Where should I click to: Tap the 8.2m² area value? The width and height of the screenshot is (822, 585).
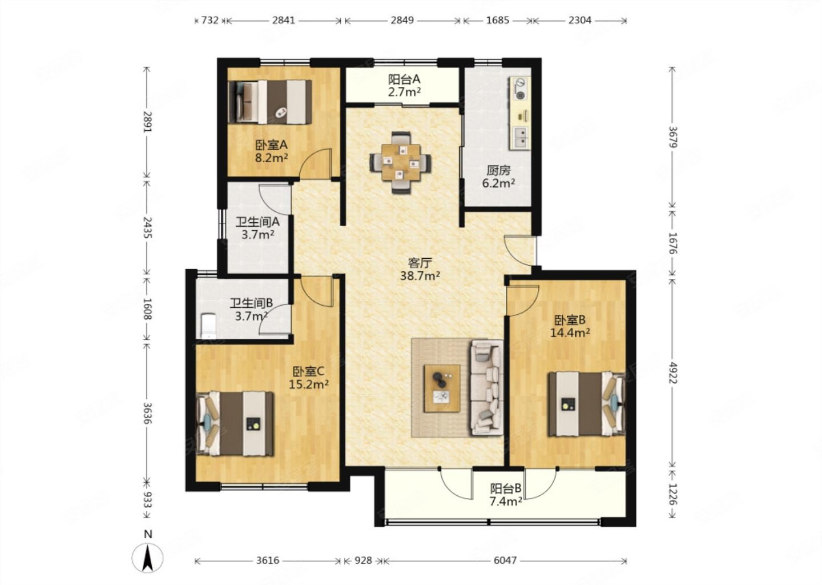pos(271,158)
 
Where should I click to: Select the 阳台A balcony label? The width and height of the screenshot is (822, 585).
pos(404,79)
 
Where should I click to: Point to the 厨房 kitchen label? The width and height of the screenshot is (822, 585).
pos(498,170)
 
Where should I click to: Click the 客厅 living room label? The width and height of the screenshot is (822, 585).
pos(420,263)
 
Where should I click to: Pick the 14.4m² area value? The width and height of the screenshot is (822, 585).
pos(570,332)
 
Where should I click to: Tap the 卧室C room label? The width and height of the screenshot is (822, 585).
pos(308,371)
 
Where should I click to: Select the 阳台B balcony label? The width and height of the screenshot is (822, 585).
pos(506,489)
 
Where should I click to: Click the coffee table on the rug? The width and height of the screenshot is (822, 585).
pos(442,388)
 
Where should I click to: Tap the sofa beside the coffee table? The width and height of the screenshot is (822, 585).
pos(486,388)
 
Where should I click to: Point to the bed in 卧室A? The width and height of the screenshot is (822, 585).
pos(269,102)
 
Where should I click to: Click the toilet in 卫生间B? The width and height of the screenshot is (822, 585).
pos(207,326)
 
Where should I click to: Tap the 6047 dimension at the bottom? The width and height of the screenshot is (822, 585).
pos(505,560)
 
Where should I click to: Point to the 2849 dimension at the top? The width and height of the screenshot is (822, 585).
pos(402,21)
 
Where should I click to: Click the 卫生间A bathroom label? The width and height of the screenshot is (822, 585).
pos(257,222)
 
